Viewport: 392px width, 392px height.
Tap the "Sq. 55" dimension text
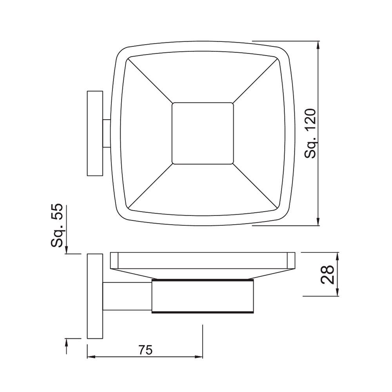(x=58, y=226)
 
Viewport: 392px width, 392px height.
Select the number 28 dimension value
(x=327, y=274)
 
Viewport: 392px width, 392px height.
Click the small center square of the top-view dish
(x=203, y=133)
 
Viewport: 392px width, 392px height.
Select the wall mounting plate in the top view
(x=95, y=133)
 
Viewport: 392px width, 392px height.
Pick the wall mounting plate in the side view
(x=94, y=296)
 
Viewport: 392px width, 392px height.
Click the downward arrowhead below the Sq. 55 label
(x=67, y=250)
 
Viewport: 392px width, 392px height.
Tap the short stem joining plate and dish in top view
(x=107, y=133)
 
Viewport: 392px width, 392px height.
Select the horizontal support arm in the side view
(x=127, y=296)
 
